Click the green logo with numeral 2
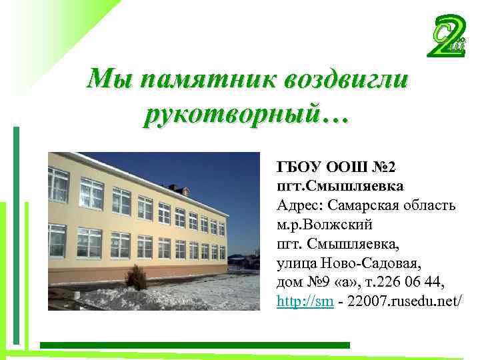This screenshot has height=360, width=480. pyautogui.click(x=447, y=37)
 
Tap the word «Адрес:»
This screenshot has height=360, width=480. pyautogui.click(x=298, y=205)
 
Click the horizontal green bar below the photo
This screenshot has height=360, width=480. pyautogui.click(x=194, y=345)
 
